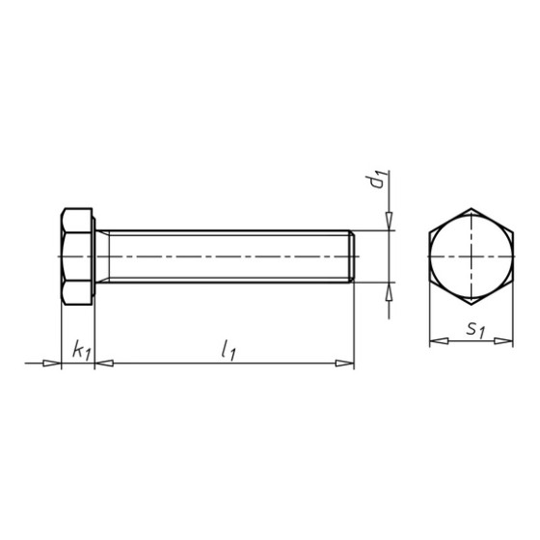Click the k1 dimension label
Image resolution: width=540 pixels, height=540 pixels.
(x=80, y=352)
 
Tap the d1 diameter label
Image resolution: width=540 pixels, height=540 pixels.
(x=380, y=178)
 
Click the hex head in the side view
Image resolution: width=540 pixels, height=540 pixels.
(x=76, y=256)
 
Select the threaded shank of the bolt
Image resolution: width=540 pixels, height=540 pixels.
(x=227, y=256)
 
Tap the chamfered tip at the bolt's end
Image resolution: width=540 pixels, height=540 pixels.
(x=352, y=256)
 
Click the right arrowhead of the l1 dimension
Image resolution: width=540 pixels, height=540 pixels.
(x=345, y=364)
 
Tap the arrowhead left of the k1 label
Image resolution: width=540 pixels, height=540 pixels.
(x=52, y=364)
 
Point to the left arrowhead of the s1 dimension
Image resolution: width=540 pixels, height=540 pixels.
(x=434, y=339)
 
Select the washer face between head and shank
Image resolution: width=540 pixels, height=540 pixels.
(x=96, y=256)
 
